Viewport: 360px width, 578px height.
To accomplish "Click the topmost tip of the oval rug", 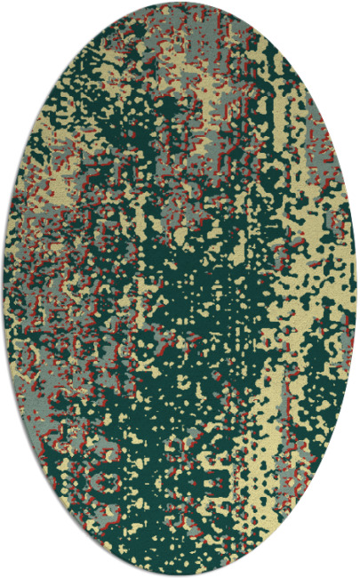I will [180, 3].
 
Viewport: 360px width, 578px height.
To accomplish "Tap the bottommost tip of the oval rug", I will [180, 574].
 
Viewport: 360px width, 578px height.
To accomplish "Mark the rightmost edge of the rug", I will [356, 289].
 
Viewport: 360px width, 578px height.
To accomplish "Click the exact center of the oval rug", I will [180, 289].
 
